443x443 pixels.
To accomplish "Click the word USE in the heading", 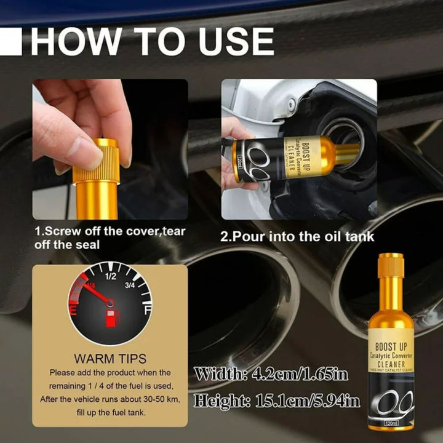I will click(x=231, y=42).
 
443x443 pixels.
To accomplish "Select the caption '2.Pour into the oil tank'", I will click(x=297, y=236).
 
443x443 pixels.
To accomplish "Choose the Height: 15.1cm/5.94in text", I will click(x=277, y=401).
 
